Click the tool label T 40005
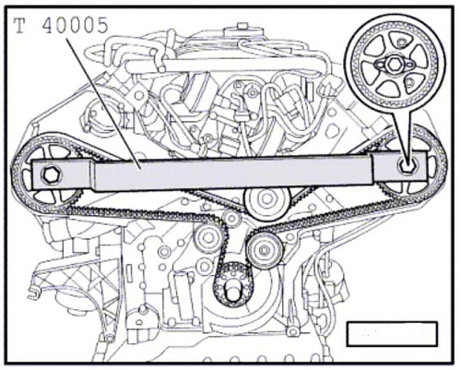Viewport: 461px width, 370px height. click(62, 25)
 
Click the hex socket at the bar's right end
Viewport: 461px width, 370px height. click(407, 166)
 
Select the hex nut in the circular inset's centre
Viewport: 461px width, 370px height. click(394, 64)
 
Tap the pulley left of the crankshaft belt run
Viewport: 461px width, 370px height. click(207, 238)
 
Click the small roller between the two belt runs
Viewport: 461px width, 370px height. click(231, 218)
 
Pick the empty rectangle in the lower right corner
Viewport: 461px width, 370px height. click(392, 333)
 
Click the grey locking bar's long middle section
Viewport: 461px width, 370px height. click(233, 173)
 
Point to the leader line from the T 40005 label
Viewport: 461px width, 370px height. click(103, 103)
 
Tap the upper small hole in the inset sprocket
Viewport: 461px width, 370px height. click(400, 42)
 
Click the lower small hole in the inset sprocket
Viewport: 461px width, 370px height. click(410, 81)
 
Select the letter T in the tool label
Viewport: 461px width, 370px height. click(19, 25)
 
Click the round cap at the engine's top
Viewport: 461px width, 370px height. click(242, 30)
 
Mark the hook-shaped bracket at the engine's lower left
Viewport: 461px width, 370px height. click(34, 292)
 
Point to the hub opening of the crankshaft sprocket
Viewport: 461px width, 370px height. click(233, 291)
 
